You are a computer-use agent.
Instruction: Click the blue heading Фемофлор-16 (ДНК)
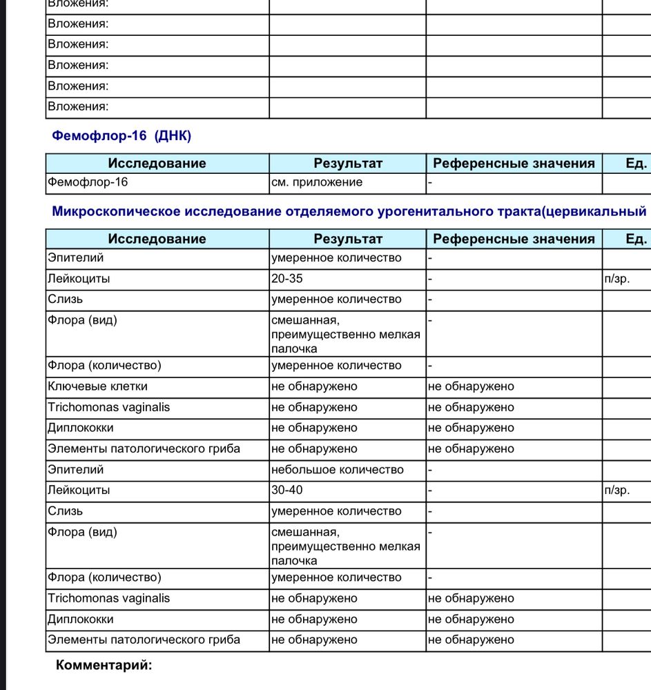click(x=122, y=136)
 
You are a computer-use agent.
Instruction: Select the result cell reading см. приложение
click(x=317, y=183)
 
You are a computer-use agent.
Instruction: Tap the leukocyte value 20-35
click(x=287, y=279)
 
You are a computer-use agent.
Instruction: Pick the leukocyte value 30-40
click(x=287, y=491)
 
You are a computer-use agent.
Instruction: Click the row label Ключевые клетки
click(x=97, y=386)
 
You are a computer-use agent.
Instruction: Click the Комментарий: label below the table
click(x=104, y=665)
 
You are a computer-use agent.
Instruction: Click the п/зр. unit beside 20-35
click(x=617, y=279)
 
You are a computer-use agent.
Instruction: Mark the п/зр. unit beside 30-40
click(x=617, y=491)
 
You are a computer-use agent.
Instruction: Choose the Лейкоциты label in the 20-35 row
click(x=79, y=279)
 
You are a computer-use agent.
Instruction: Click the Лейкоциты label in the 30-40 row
click(x=79, y=491)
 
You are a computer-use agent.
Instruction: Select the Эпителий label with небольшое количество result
click(x=75, y=470)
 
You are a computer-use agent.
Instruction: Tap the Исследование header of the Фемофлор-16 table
click(x=157, y=164)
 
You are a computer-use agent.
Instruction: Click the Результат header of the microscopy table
click(x=348, y=239)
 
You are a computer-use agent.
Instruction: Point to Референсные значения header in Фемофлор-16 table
click(x=514, y=164)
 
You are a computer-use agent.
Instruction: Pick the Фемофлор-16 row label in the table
click(x=88, y=183)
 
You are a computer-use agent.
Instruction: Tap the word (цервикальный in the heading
click(x=594, y=211)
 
